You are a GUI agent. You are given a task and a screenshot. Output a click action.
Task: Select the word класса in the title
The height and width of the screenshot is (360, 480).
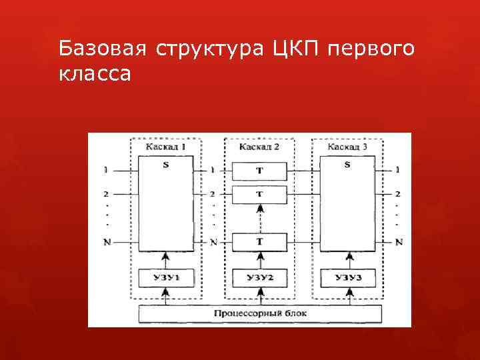click(95, 74)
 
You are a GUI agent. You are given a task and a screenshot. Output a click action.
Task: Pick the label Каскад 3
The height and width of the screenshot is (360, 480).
click(348, 146)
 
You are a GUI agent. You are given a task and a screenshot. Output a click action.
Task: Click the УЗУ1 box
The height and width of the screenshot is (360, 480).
click(165, 277)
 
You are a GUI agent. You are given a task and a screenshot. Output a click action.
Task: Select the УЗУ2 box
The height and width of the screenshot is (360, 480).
click(259, 277)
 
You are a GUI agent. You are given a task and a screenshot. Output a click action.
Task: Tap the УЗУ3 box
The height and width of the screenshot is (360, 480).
click(348, 277)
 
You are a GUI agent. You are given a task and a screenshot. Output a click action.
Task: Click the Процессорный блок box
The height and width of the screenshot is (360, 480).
click(260, 313)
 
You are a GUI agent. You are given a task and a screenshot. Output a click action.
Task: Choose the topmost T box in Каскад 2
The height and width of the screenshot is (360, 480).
click(259, 171)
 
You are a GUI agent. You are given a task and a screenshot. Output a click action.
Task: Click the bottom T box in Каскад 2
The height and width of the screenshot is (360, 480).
click(259, 241)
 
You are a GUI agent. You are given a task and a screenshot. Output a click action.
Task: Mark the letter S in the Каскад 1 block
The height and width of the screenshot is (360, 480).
click(165, 165)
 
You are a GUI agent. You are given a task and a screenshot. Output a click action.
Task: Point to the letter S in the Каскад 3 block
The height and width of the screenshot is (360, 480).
click(348, 165)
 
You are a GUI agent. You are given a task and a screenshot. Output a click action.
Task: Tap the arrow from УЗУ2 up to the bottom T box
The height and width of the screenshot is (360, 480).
click(259, 259)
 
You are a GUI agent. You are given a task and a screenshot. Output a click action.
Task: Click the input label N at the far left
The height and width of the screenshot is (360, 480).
click(107, 241)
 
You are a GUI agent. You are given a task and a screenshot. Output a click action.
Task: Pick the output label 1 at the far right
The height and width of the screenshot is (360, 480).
click(397, 170)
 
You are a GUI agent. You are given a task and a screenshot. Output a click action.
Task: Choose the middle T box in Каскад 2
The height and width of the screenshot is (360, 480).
click(259, 194)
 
